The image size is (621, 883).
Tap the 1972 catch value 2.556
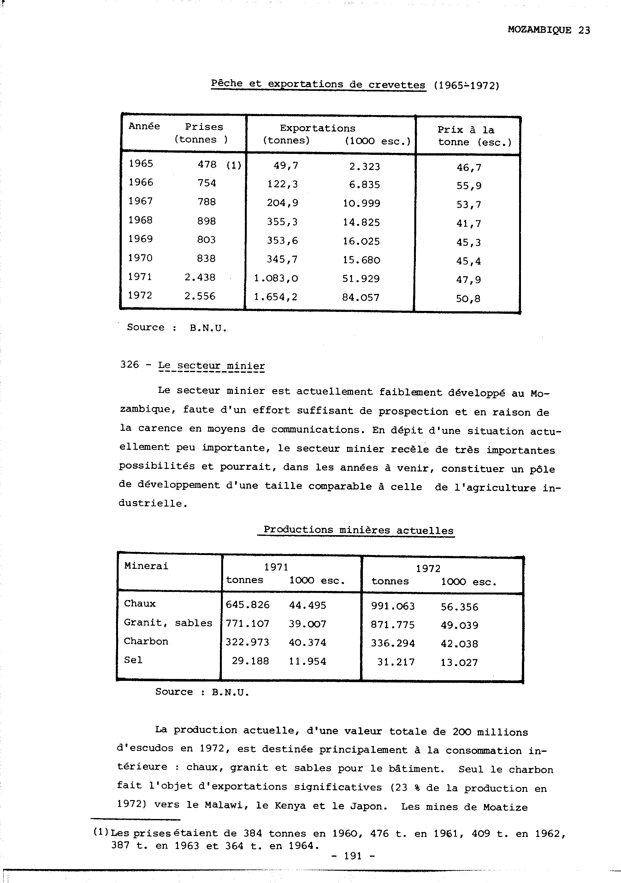200,296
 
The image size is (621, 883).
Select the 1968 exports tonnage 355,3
282,222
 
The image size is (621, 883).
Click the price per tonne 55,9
469,186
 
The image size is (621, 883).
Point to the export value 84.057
361,297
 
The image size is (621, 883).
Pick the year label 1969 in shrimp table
140,239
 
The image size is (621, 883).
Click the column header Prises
204,127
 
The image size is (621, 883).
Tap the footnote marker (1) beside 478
234,165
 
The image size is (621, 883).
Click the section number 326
129,365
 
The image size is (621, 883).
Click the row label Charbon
146,641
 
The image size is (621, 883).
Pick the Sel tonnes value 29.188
250,661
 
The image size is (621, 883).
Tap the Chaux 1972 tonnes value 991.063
393,606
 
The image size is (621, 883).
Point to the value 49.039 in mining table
459,625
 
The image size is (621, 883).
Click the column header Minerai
146,566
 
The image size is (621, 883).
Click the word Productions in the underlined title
298,529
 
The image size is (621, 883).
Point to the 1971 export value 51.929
361,278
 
